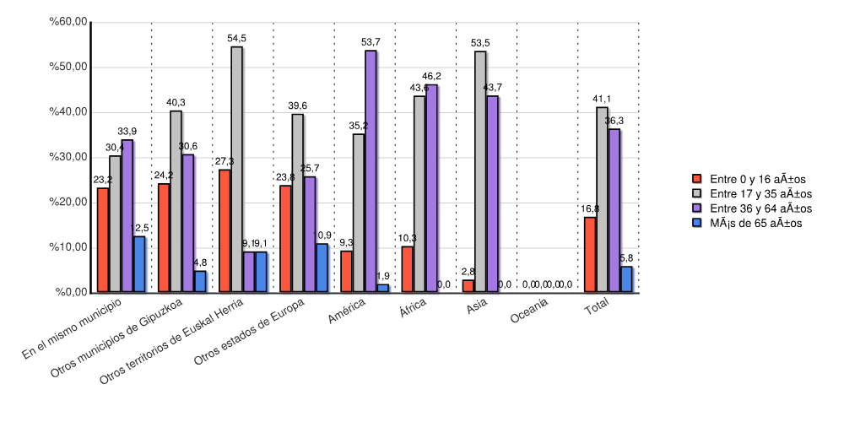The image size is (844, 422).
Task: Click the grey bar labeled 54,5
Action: tap(236, 170)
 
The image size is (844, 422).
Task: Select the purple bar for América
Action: tap(371, 172)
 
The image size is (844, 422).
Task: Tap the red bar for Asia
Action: tap(468, 286)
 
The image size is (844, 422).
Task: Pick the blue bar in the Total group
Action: tap(626, 279)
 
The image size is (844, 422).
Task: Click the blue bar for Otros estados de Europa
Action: tap(322, 268)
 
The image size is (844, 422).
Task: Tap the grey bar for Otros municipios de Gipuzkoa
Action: tap(176, 202)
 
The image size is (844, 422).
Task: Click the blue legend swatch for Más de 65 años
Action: tap(697, 223)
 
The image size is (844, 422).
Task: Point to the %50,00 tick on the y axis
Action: tap(68, 68)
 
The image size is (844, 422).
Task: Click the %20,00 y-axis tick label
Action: tap(68, 203)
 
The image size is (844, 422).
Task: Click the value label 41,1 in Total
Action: tap(602, 99)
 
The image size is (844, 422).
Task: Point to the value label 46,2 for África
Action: tap(431, 76)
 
